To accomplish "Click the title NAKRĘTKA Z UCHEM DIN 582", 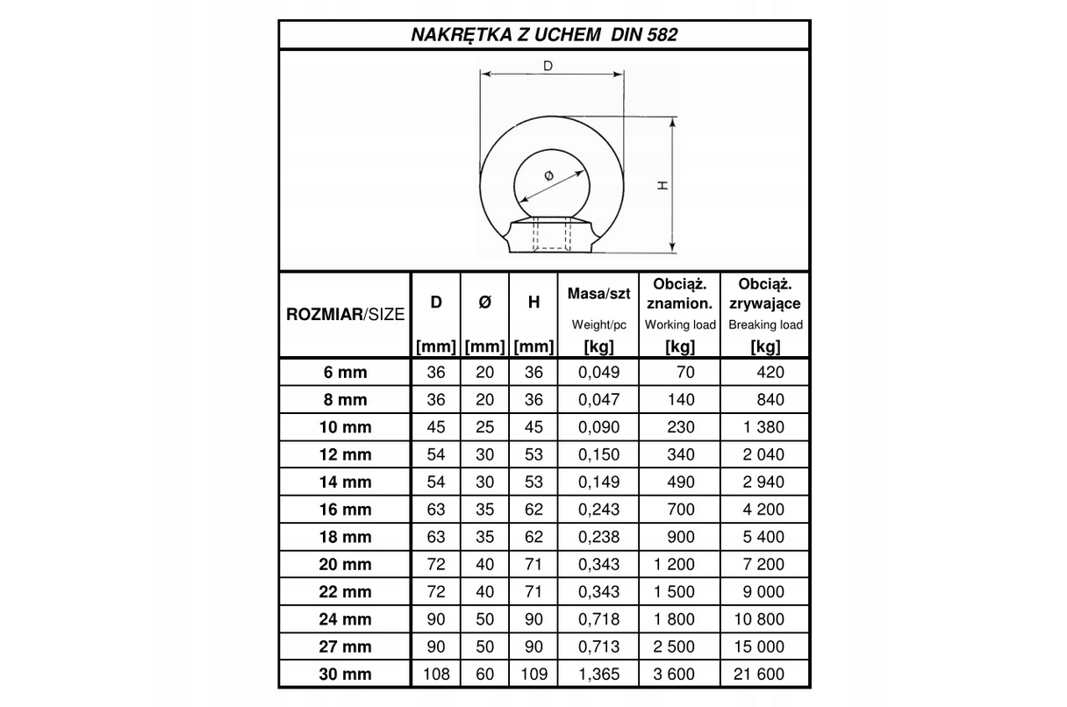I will click(544, 35).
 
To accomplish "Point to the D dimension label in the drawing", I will click(548, 66).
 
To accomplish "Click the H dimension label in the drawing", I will click(663, 185).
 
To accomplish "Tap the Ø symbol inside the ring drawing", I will click(548, 176).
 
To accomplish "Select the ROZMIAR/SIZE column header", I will click(346, 315).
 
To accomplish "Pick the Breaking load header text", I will click(765, 325).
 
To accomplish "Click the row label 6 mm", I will click(346, 372).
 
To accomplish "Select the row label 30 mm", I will click(346, 674).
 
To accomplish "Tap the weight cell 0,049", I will click(599, 372).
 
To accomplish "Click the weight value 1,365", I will click(599, 674).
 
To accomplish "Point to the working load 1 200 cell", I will click(673, 564).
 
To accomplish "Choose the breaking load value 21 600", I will click(760, 674).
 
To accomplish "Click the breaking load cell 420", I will click(770, 372).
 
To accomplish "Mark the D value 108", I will click(436, 674).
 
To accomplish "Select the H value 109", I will click(533, 674).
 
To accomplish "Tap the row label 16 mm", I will click(346, 510).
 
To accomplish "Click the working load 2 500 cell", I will click(673, 646).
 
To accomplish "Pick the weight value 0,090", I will click(599, 427).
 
